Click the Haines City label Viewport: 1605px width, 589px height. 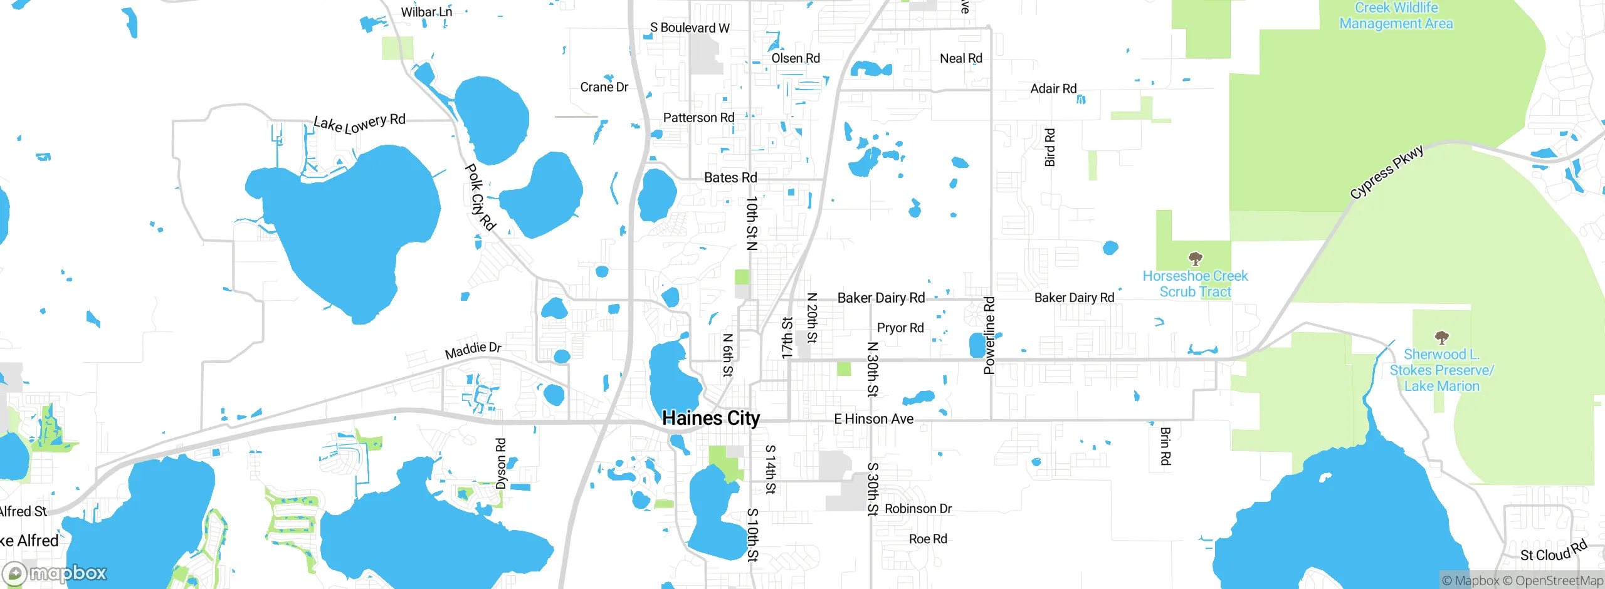click(711, 418)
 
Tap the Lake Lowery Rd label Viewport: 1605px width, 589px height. click(359, 123)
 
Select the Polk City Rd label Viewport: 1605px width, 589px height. click(480, 197)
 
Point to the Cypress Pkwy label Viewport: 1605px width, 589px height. click(1387, 172)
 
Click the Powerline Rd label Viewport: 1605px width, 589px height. click(989, 336)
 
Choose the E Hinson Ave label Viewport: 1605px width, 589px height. click(873, 419)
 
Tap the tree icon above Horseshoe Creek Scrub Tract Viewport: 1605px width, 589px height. click(1196, 258)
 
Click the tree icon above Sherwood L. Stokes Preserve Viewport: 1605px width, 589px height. click(1442, 337)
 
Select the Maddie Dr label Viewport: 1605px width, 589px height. click(473, 350)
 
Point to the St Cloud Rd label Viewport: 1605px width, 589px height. click(1553, 551)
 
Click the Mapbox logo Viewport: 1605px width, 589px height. click(55, 573)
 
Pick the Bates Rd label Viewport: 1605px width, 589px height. click(730, 178)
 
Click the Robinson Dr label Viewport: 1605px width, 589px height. click(918, 509)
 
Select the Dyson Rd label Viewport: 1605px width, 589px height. click(500, 464)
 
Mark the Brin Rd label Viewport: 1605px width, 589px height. click(1165, 446)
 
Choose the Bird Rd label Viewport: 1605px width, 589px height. click(1050, 147)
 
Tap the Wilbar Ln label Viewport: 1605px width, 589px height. click(426, 12)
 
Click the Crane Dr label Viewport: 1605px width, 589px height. click(604, 87)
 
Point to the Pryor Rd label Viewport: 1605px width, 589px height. click(900, 328)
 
